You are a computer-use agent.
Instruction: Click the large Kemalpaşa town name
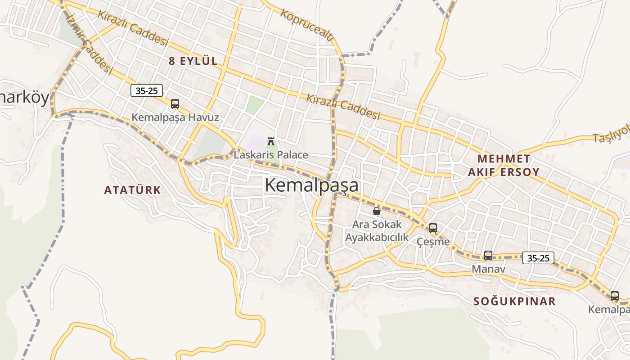(x=311, y=185)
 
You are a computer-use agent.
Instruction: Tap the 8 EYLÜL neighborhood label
(x=193, y=61)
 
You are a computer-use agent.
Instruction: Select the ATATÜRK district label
(x=132, y=190)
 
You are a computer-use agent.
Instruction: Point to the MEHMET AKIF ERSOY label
(x=504, y=165)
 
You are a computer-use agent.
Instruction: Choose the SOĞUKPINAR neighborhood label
(x=514, y=301)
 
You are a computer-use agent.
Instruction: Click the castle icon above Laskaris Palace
(x=271, y=141)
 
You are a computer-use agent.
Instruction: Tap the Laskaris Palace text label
(x=271, y=155)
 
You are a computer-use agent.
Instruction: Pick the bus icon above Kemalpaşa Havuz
(x=175, y=104)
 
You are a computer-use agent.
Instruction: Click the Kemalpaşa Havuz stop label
(x=175, y=117)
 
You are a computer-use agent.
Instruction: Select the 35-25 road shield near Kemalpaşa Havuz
(x=147, y=90)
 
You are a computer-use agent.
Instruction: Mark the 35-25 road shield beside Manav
(x=538, y=258)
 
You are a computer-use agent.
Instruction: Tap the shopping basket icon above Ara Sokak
(x=377, y=211)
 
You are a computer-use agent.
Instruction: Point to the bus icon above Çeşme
(x=433, y=228)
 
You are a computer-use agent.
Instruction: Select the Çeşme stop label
(x=433, y=242)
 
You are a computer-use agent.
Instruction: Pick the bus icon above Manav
(x=488, y=256)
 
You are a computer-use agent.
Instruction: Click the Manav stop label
(x=488, y=269)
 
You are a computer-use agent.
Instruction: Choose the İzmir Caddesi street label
(x=89, y=43)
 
